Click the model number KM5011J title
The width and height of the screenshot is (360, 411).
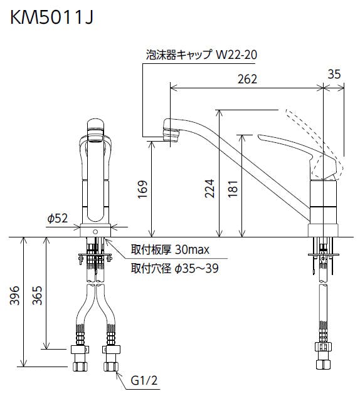(x=51, y=18)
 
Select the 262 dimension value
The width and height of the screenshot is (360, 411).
(x=247, y=79)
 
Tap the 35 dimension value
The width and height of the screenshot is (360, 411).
(x=334, y=74)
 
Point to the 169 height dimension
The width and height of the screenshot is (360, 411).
(x=143, y=189)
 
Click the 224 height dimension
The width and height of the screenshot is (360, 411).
(x=209, y=188)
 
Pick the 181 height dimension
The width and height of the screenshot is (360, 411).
(x=233, y=189)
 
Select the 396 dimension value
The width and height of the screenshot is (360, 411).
(x=14, y=296)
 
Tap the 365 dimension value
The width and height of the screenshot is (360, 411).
(x=37, y=296)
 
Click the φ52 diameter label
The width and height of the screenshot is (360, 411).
(x=58, y=218)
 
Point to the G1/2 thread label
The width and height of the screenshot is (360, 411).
(x=144, y=380)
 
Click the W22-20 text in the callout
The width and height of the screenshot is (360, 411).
(x=236, y=55)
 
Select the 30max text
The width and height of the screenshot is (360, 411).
(x=193, y=249)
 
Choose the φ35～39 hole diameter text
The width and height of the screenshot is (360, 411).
(x=196, y=268)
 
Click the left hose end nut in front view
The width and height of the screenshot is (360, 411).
(x=80, y=367)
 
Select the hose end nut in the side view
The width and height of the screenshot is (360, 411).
(x=324, y=365)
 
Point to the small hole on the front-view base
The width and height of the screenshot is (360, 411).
(x=95, y=232)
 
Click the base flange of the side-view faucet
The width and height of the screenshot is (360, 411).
(x=323, y=231)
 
